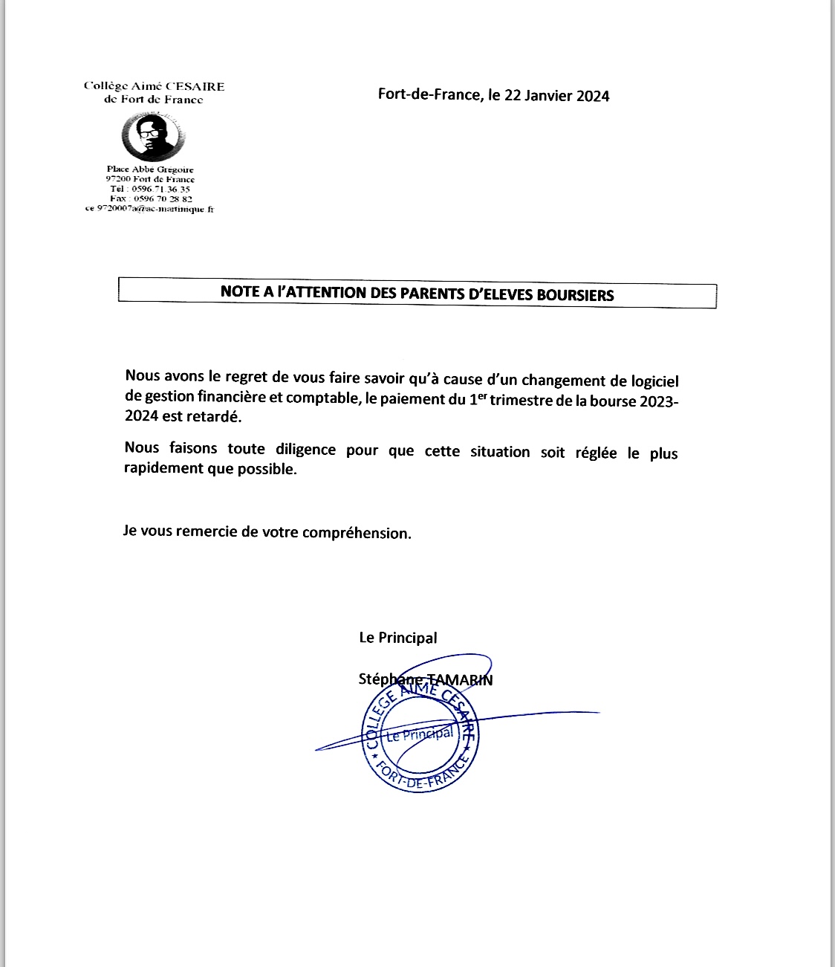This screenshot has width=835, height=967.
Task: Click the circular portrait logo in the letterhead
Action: (153, 137)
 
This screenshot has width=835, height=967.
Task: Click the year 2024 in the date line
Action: (593, 96)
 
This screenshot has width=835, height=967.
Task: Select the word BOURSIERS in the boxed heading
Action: (575, 295)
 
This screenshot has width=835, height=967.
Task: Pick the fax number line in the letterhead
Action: (151, 198)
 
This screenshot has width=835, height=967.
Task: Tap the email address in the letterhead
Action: (149, 209)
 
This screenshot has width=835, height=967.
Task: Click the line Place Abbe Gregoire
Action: (150, 169)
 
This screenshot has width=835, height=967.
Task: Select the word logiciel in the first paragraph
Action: (654, 381)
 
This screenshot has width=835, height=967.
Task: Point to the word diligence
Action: (305, 449)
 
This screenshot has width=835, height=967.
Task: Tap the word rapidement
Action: (163, 468)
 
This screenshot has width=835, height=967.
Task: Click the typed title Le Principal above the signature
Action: (398, 638)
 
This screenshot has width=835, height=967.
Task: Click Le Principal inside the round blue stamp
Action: (420, 734)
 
